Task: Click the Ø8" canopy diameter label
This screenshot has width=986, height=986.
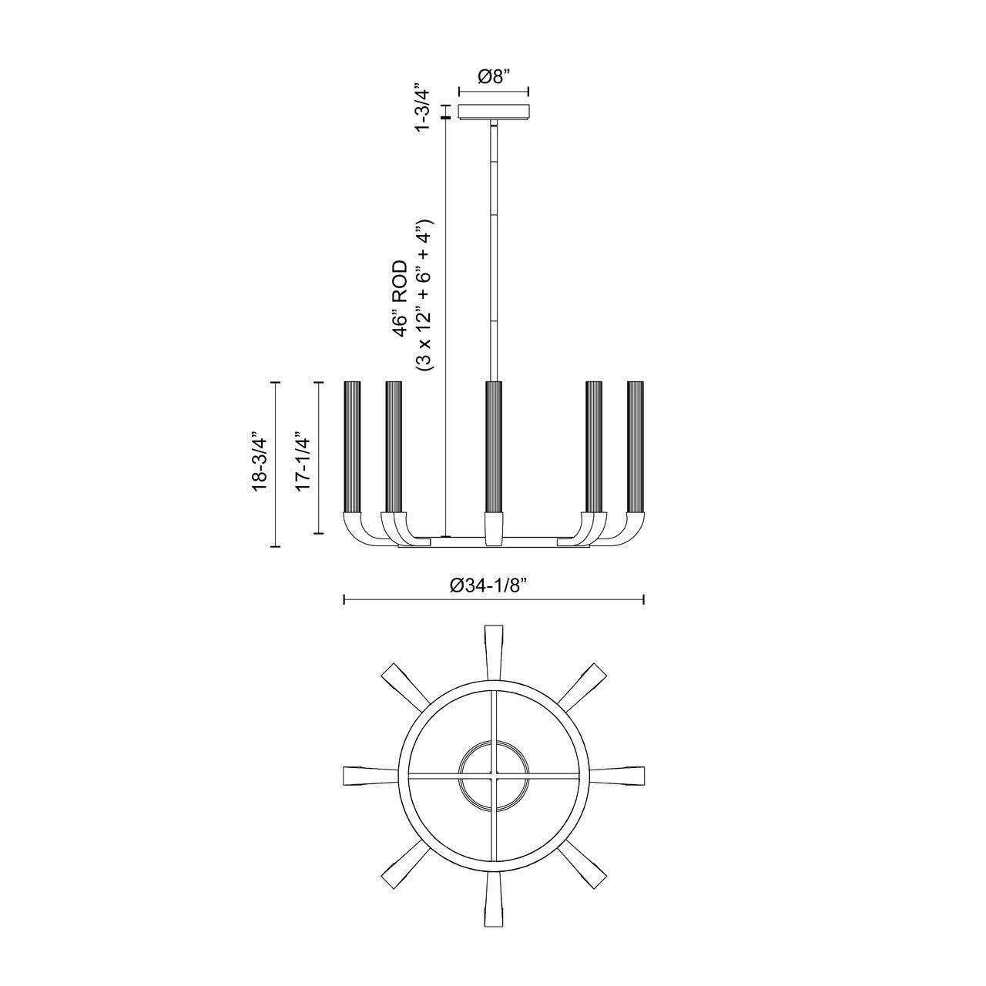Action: [494, 77]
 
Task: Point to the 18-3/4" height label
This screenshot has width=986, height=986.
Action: [260, 463]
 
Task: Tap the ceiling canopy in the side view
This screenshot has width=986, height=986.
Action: [494, 112]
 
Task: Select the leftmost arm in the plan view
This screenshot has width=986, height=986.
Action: [361, 775]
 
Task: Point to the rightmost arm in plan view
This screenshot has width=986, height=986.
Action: [625, 775]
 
